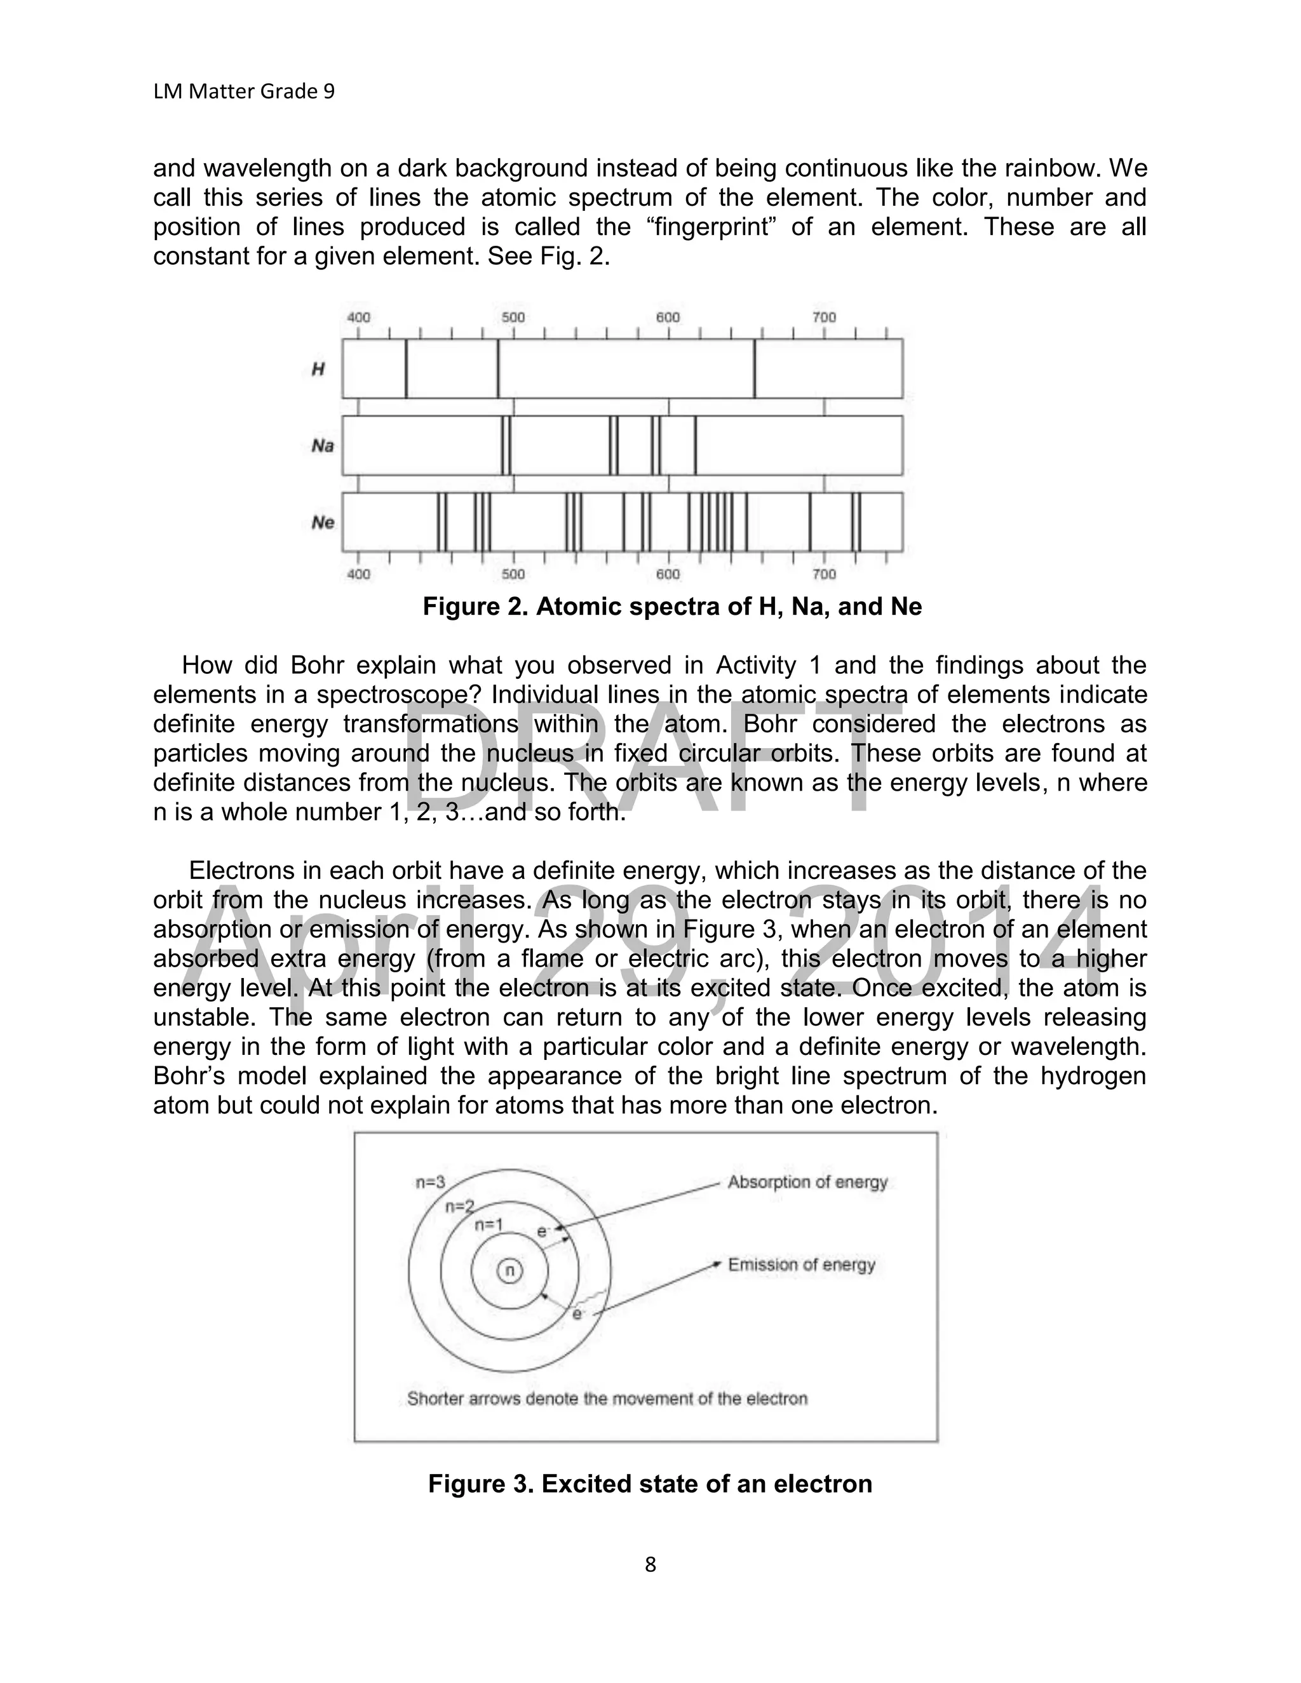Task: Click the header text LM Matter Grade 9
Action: tap(243, 91)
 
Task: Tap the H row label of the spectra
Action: tap(318, 369)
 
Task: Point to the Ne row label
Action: tap(322, 523)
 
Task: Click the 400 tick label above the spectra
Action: tap(358, 318)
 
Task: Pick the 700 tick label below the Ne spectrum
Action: tap(824, 574)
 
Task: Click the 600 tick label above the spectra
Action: tap(668, 318)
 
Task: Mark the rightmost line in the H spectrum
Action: tap(755, 368)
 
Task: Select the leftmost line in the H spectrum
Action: tap(406, 368)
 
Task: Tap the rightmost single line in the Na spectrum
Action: tap(695, 445)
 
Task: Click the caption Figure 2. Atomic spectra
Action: tap(672, 607)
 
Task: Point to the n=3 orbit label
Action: tap(430, 1182)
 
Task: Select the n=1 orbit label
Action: tap(489, 1224)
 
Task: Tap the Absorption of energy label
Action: tap(807, 1182)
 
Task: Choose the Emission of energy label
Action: tap(801, 1264)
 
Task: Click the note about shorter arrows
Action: tap(607, 1398)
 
